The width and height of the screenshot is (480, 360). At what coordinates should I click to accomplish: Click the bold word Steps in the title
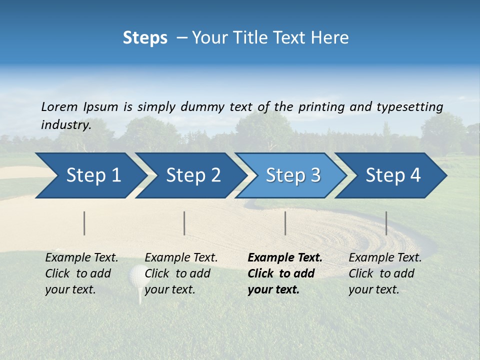145,38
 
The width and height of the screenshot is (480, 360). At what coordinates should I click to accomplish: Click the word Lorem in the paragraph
59,106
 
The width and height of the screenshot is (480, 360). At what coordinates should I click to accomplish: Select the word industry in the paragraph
65,125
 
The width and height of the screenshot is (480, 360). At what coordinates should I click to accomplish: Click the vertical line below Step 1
84,223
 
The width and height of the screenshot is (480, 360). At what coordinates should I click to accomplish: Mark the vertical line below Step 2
184,223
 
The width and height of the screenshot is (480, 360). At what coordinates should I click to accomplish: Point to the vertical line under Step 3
285,223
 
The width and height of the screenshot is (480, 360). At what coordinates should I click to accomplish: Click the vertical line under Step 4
386,223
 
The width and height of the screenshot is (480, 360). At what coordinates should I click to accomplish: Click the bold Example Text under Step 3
285,258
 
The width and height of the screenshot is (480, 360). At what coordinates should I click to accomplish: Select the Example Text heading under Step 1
81,258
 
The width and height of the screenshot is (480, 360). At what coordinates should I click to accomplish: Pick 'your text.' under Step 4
373,289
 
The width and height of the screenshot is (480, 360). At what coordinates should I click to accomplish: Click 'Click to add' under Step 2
177,273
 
